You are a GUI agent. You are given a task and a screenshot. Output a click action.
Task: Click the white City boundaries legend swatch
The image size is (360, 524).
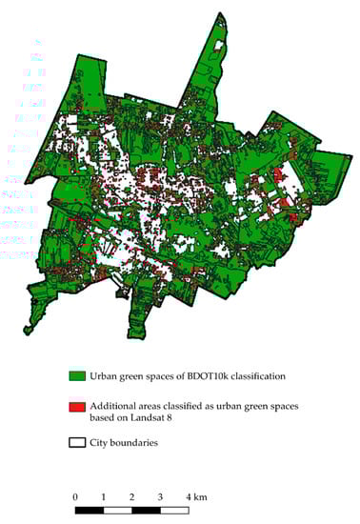pos(74,443)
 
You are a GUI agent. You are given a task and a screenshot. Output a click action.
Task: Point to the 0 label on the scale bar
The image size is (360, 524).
pos(74,496)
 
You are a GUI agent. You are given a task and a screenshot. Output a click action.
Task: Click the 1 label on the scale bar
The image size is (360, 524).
pos(103,496)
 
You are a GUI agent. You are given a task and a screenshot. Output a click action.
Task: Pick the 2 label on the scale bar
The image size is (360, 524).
pos(131,496)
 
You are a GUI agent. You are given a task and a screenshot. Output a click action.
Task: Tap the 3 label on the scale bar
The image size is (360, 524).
pos(160,496)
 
